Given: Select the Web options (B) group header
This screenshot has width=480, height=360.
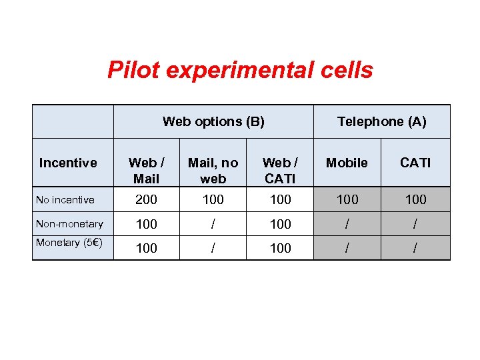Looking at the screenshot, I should pyautogui.click(x=213, y=121).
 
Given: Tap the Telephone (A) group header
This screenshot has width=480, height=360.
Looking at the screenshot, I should pyautogui.click(x=381, y=121).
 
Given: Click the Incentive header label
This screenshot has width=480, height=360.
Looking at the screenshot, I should pyautogui.click(x=68, y=163).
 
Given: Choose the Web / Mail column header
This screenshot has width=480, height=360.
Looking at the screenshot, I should pyautogui.click(x=147, y=170).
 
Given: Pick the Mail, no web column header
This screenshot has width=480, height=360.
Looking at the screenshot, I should pyautogui.click(x=213, y=170).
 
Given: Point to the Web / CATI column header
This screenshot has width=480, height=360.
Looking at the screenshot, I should pyautogui.click(x=280, y=170).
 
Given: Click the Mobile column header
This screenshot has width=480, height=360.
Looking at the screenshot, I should pyautogui.click(x=347, y=163).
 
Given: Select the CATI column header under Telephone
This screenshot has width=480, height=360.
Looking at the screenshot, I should pyautogui.click(x=415, y=163).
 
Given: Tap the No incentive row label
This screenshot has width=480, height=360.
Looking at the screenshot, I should pyautogui.click(x=65, y=199).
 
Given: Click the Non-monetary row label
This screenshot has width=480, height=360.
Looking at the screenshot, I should pyautogui.click(x=69, y=224).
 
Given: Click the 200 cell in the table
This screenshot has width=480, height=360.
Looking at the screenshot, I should pyautogui.click(x=147, y=199).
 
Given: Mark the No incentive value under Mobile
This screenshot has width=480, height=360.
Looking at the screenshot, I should pyautogui.click(x=347, y=199).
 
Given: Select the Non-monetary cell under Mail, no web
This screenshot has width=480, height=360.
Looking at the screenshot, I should pyautogui.click(x=213, y=225).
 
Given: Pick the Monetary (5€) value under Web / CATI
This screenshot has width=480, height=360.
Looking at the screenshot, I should pyautogui.click(x=280, y=248).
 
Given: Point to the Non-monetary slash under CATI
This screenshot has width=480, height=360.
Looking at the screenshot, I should pyautogui.click(x=415, y=225).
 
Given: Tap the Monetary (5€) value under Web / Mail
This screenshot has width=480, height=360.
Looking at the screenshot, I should pyautogui.click(x=147, y=248).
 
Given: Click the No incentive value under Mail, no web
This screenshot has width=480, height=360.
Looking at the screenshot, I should pyautogui.click(x=213, y=199).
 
